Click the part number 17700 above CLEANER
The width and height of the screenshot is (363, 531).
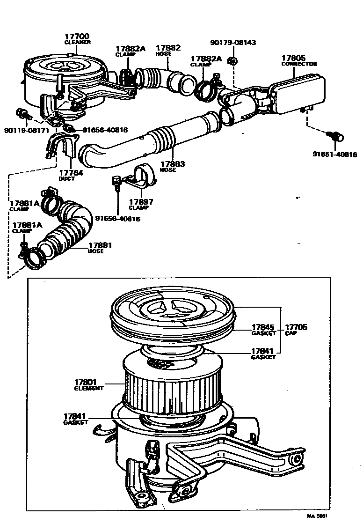coord(77,37)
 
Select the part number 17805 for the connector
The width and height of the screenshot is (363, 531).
coord(293,59)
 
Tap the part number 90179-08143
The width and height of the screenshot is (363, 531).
coord(233,43)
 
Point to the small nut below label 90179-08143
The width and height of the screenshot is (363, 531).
coord(232,60)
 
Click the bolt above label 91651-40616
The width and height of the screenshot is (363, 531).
coord(337,137)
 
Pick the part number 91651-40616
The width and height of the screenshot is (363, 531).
coord(334,154)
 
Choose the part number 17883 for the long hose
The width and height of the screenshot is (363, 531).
coord(173,164)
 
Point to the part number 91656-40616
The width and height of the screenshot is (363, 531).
coord(118,218)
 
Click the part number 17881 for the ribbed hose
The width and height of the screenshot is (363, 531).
coord(100,245)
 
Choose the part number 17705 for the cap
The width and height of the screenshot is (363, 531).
coord(296,327)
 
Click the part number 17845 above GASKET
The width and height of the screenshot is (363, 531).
coord(262,327)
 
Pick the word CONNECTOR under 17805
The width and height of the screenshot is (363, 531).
coord(299,64)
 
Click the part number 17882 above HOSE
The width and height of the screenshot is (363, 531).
coord(168,48)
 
